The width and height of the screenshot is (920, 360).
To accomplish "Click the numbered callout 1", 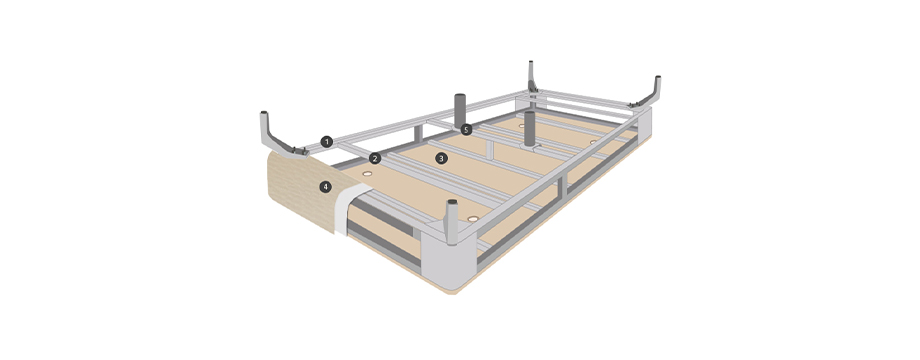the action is [327, 141].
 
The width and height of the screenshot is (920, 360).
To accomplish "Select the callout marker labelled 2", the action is [375, 158].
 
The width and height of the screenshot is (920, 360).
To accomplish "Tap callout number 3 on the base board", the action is [442, 158].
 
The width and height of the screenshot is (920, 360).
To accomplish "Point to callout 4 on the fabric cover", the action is [324, 187].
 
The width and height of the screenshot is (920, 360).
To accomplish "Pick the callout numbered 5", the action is [466, 130].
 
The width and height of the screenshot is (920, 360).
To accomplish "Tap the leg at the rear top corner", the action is [532, 77].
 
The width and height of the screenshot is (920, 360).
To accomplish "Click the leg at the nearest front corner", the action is [451, 222].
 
